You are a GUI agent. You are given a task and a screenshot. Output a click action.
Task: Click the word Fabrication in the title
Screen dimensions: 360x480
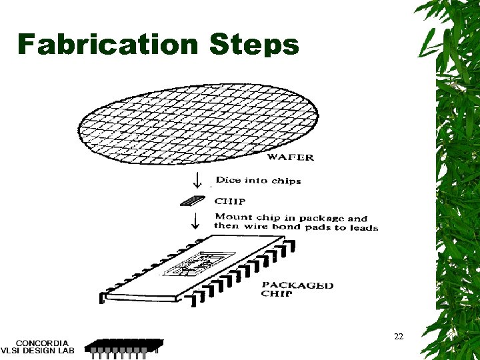108,44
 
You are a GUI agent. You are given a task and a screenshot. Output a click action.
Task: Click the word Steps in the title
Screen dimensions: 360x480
254,45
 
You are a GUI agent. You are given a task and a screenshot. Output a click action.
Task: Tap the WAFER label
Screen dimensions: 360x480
291,158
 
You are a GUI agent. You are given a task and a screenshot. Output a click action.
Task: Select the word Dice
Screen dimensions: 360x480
227,180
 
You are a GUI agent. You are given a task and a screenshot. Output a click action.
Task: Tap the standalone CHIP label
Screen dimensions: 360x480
230,201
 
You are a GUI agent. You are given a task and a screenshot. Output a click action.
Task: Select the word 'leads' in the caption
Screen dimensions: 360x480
363,227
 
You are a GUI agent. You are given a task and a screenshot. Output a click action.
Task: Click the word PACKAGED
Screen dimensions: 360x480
297,285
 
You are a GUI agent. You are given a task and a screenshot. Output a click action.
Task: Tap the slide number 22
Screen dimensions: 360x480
399,337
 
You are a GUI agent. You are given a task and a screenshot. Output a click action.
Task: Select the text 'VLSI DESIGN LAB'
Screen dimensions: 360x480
38,351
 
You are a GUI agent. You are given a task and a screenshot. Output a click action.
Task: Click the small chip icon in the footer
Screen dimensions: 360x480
123,347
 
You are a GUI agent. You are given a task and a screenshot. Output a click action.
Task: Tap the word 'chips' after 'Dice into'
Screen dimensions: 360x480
286,181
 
